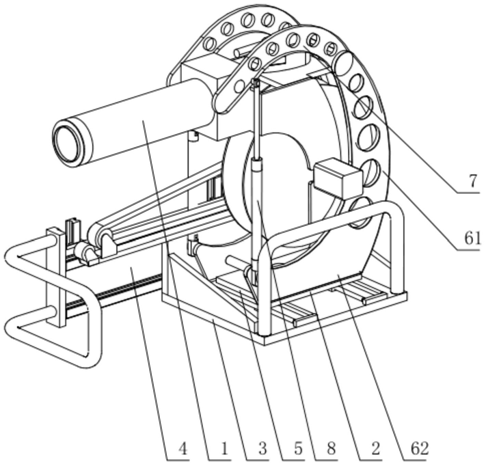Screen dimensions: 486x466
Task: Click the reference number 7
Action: [x=472, y=181]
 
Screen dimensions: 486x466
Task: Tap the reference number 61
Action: [x=472, y=238]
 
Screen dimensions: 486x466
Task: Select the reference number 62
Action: [x=420, y=448]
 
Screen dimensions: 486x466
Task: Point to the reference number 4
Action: [x=184, y=448]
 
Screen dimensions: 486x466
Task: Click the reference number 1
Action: [x=224, y=448]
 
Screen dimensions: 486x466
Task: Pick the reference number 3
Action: [x=262, y=448]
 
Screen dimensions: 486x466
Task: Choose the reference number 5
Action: [x=298, y=448]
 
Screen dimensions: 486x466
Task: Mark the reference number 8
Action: [x=332, y=448]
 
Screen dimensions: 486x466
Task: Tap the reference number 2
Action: [x=375, y=448]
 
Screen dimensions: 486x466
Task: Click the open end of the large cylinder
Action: [x=67, y=143]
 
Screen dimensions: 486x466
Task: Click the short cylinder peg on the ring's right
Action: [x=343, y=64]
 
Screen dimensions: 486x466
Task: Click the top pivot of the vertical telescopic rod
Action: [x=256, y=83]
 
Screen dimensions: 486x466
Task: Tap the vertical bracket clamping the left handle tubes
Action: [x=56, y=277]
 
